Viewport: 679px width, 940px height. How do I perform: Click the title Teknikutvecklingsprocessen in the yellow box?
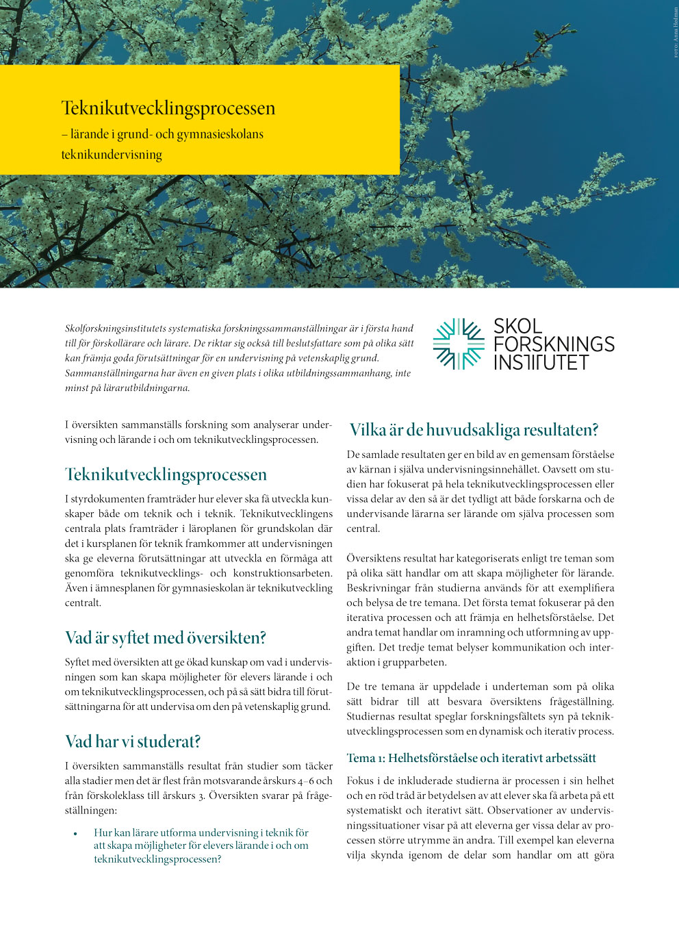click(168, 108)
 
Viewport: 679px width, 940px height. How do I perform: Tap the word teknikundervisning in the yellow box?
click(112, 155)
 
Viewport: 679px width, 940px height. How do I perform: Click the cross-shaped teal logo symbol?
click(459, 344)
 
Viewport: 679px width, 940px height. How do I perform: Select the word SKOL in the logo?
click(518, 326)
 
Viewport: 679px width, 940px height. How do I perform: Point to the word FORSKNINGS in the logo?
click(554, 344)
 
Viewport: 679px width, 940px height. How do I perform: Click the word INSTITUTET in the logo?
click(541, 362)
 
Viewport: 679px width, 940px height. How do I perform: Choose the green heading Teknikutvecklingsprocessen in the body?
click(166, 474)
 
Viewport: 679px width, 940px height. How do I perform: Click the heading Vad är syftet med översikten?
click(165, 638)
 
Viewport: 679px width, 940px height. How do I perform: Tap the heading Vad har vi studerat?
click(133, 741)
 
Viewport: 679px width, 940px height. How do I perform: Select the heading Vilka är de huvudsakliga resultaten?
click(474, 430)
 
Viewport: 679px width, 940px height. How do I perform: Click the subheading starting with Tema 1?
click(471, 758)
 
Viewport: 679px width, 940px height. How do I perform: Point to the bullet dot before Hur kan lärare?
click(75, 834)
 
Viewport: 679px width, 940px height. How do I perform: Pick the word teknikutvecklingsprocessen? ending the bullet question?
click(157, 859)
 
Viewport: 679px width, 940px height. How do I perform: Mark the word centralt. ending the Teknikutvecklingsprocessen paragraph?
click(83, 603)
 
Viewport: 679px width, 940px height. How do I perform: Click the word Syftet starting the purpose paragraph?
click(79, 663)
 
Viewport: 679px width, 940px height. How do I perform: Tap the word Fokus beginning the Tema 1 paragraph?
click(360, 780)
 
